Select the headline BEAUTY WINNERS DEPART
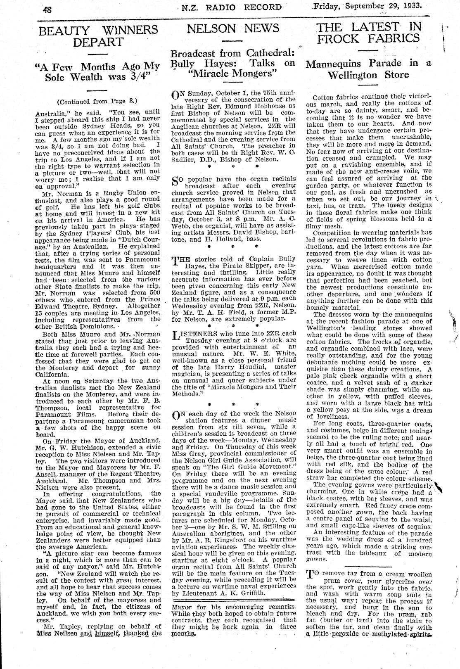pos(98,36)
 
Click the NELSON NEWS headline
pos(233,28)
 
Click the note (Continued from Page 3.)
pos(97,101)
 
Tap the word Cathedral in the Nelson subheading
pos(271,53)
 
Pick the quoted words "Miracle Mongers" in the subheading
pos(233,74)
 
